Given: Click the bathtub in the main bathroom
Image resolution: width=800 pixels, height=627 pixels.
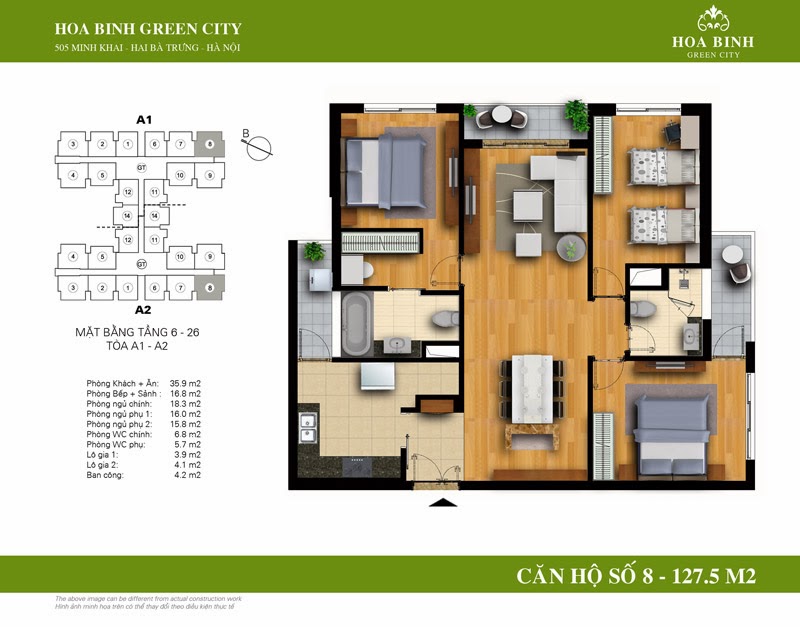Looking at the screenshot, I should (x=355, y=324).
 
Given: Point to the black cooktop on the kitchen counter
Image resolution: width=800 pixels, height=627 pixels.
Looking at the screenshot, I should (x=357, y=465).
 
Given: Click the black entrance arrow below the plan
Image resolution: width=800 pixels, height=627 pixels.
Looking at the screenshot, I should (x=441, y=502).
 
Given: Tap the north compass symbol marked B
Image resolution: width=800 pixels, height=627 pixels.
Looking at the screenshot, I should (x=259, y=146).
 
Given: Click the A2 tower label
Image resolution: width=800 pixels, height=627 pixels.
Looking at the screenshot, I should (x=142, y=309).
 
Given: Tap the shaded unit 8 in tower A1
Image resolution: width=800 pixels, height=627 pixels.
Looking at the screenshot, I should (x=208, y=145).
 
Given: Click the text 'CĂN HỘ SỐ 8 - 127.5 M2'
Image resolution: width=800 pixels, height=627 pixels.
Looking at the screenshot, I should (x=636, y=577).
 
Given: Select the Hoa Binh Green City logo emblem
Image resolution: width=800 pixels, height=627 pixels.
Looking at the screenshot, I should (x=713, y=19).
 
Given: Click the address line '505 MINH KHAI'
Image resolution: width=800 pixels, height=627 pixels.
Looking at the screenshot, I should (x=149, y=48).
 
